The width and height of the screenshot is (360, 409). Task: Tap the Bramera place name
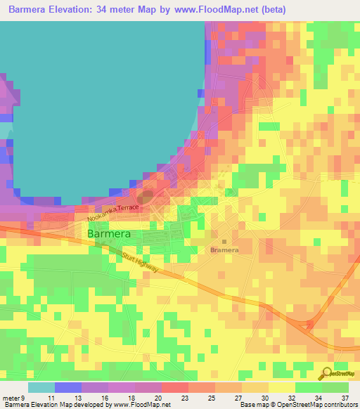(x=225, y=249)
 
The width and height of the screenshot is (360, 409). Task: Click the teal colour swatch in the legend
(x=41, y=387)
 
